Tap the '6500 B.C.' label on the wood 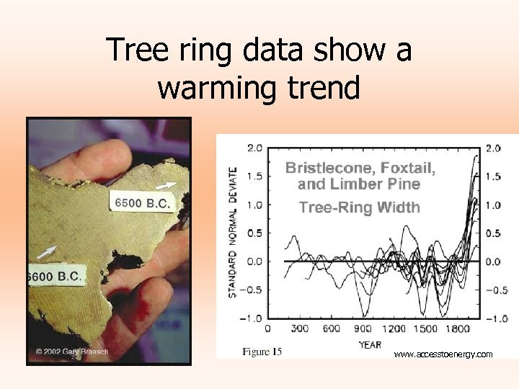point(143,203)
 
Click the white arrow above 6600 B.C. point(45,252)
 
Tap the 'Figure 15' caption point(266,352)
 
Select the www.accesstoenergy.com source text point(443,354)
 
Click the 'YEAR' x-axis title point(369,344)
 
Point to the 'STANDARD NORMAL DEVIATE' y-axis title point(233,232)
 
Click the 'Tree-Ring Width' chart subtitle point(359,207)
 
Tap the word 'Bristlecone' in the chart point(326,169)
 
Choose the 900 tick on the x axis point(363,329)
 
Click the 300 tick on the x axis point(300,329)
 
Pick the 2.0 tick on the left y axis point(254,148)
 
